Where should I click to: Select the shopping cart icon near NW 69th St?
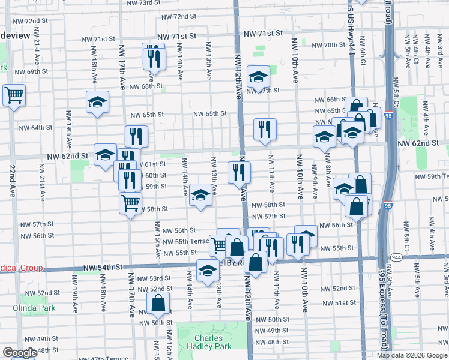click(x=14, y=94)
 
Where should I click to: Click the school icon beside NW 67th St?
click(x=258, y=76)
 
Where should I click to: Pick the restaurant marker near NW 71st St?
click(x=153, y=56)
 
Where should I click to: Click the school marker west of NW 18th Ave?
click(x=97, y=102)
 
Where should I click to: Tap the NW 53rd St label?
click(x=154, y=278)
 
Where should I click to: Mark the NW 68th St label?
click(x=148, y=86)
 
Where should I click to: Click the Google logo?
click(x=20, y=353)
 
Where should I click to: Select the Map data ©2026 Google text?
click(x=412, y=355)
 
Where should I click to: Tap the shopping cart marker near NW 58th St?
click(x=130, y=203)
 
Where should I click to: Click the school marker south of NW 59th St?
click(x=200, y=196)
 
